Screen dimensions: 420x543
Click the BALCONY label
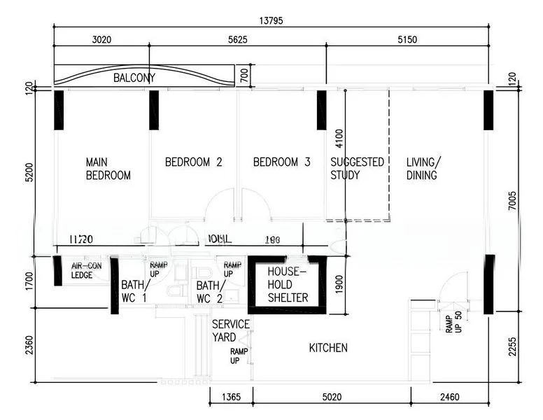point(134,78)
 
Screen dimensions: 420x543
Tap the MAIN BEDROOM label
point(108,169)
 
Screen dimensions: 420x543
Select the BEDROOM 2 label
point(193,162)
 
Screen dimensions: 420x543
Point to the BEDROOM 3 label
point(281,162)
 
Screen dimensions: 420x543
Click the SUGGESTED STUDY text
point(357,169)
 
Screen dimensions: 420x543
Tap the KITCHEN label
point(328,348)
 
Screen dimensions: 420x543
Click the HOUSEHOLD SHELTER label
point(288,284)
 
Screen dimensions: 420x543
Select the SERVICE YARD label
point(231,330)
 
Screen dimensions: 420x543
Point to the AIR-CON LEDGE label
point(87,270)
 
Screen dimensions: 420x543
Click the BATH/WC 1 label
point(134,291)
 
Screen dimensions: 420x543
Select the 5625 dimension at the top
point(238,40)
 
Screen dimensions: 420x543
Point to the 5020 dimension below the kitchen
point(331,398)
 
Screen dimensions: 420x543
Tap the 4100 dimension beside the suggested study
point(339,136)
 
